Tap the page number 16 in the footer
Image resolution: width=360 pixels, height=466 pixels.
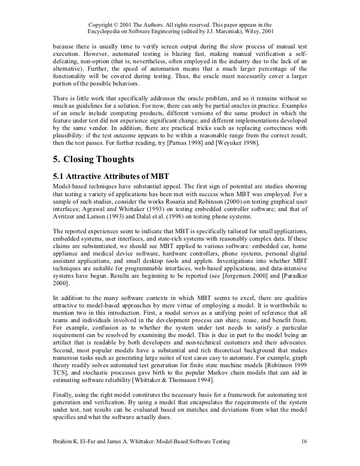[304, 441]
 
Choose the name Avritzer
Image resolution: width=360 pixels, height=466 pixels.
[66, 216]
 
